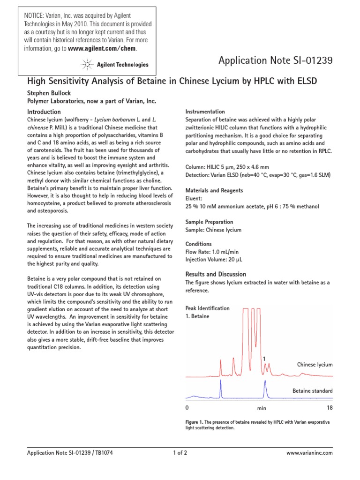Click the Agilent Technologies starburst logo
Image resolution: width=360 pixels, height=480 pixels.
pos(86,64)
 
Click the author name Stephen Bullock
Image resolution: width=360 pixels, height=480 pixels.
pos(49,93)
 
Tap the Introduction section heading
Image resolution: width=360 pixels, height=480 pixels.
pos(44,112)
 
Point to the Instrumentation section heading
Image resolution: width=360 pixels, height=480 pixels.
pos(205,112)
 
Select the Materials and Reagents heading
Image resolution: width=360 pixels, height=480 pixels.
pos(214,190)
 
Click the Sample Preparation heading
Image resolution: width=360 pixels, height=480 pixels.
pos(209,222)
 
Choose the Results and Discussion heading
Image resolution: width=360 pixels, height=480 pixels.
pos(216,274)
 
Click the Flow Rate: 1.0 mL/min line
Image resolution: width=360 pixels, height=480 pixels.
pos(211,252)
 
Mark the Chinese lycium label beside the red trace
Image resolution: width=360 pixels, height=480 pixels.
pos(315,365)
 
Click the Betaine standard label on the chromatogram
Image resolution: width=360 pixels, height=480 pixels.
pos(312,391)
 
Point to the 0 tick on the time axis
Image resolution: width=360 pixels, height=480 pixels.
pos(187,408)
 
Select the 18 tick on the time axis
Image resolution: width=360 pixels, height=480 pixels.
pos(329,408)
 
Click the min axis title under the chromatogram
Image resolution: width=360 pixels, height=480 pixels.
pos(261,409)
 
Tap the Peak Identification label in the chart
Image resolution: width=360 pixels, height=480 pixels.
pos(208,308)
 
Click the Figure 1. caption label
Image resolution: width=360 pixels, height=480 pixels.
pos(195,422)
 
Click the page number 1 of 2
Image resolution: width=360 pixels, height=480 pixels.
pos(180,453)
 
